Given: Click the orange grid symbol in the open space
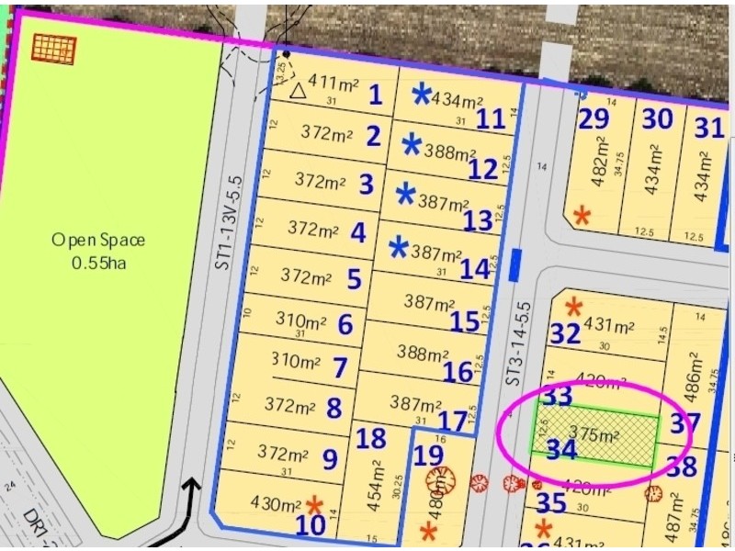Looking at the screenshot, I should coord(53,49).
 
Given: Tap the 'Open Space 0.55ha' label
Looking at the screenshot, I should coord(97,251).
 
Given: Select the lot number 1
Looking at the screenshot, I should coord(375,94).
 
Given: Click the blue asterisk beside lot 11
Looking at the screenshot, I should coord(422,93).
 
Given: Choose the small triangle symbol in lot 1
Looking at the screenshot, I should coord(297,91).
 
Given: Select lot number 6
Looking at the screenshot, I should coord(345,325).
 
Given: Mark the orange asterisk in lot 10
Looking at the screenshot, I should coord(314,504).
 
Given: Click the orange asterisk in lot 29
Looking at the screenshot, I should coord(582,216).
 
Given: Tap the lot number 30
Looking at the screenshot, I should coord(657,119).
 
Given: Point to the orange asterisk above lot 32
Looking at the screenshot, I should coord(574,306).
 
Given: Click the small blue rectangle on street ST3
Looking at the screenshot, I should coord(515,264).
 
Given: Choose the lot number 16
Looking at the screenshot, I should coord(458,372).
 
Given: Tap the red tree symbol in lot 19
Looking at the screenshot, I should coord(439,479).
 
